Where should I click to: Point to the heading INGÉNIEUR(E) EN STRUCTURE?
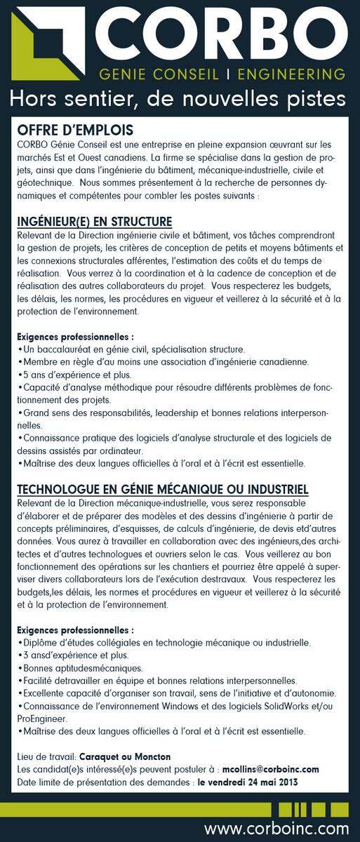click(95, 222)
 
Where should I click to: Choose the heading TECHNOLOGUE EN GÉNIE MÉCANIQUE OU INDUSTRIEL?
click(163, 488)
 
